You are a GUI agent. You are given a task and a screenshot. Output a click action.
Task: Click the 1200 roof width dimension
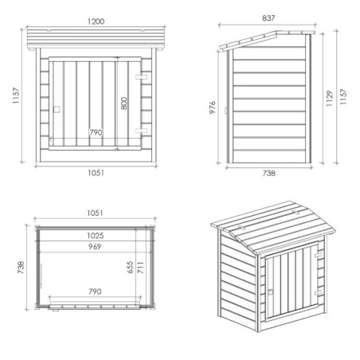point(96,22)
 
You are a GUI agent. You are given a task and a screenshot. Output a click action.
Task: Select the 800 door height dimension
point(124,104)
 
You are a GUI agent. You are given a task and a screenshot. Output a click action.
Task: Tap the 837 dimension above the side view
point(268,18)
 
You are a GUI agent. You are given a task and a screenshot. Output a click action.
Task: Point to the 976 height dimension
point(213,108)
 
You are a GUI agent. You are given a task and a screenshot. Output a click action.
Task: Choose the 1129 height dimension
point(329,98)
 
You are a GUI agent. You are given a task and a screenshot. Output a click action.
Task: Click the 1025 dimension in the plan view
point(96,236)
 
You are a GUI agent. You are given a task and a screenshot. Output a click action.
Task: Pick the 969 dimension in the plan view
point(95,247)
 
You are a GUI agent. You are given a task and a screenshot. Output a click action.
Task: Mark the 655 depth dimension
point(130,267)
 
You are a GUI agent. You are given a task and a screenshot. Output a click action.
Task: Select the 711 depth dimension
point(140,268)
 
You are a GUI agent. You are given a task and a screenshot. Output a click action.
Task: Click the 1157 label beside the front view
point(16,96)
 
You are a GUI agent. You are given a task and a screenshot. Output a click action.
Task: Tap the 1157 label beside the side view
point(343,96)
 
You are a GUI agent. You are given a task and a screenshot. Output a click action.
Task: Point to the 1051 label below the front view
point(96,173)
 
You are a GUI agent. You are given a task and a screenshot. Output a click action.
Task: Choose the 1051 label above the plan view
point(95,213)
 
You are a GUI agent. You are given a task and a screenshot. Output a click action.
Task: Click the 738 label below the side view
point(269,173)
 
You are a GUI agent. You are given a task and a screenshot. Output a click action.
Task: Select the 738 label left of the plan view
point(21,268)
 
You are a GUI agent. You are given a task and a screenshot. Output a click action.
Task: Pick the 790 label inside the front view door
point(96,132)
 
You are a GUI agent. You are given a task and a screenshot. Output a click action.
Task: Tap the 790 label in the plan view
point(95,292)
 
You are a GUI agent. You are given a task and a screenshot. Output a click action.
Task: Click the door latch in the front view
point(57,109)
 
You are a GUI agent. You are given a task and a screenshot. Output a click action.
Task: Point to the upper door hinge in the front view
point(141,77)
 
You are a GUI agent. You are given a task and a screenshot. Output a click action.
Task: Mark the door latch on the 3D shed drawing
point(271,292)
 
